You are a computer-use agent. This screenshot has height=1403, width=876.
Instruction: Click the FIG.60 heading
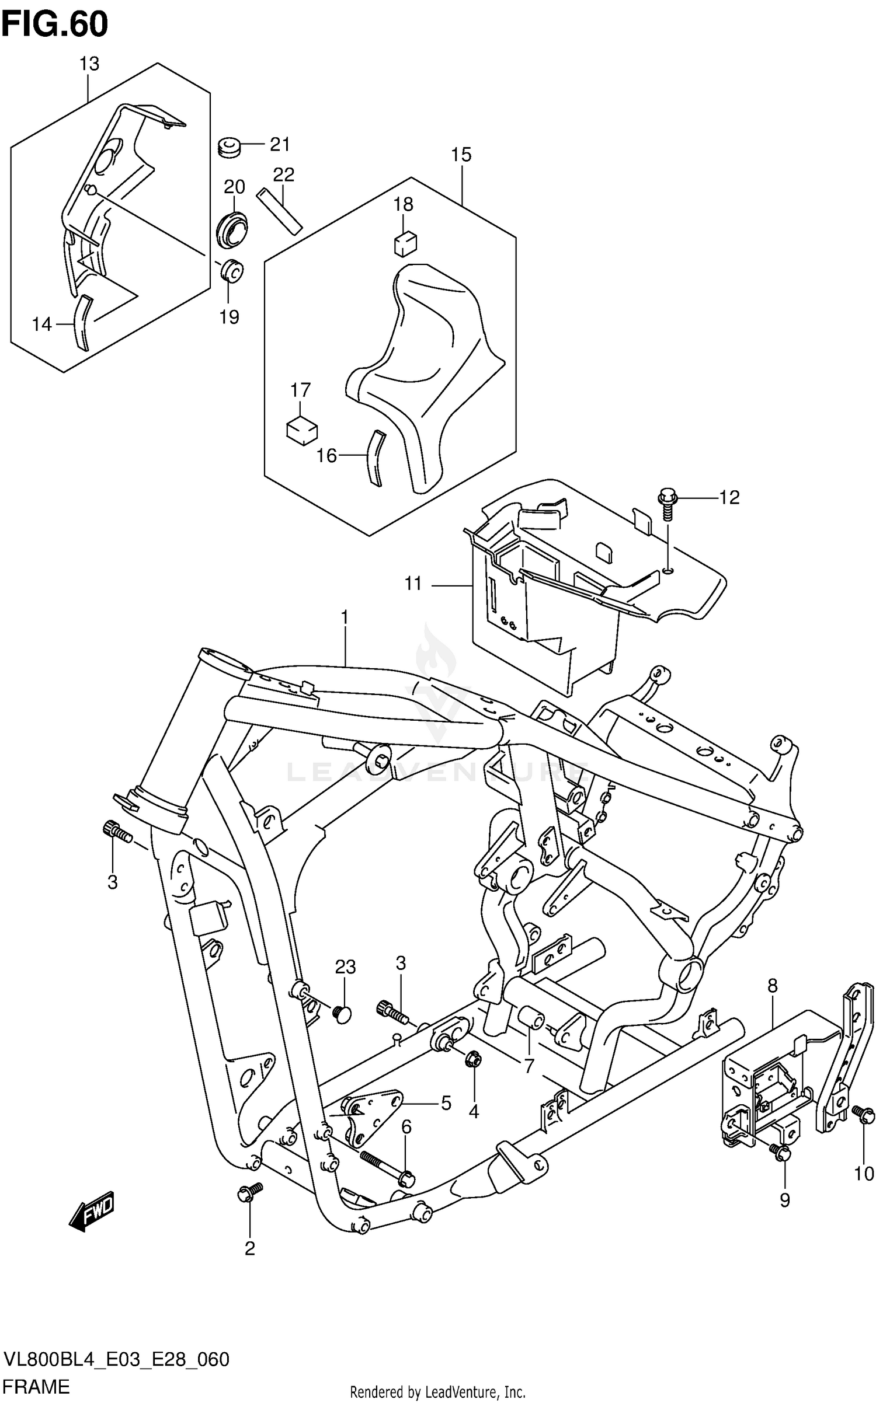(x=55, y=25)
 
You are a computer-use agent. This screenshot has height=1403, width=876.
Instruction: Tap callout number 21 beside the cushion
(x=279, y=144)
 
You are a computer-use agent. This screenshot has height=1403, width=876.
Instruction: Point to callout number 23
(x=345, y=967)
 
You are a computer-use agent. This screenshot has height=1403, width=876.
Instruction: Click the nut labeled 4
(x=474, y=1059)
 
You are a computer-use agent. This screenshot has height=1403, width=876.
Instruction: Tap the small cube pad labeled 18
(x=405, y=243)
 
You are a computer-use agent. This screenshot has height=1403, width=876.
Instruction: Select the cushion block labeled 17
(x=302, y=431)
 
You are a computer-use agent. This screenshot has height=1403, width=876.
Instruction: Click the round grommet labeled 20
(x=232, y=229)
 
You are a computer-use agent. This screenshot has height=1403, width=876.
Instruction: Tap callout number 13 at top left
(x=89, y=64)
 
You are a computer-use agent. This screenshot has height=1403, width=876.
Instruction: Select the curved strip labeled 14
(x=82, y=323)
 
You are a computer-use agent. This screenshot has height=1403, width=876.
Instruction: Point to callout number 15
(x=461, y=155)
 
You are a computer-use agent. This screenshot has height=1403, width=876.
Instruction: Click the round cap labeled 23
(x=343, y=1014)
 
